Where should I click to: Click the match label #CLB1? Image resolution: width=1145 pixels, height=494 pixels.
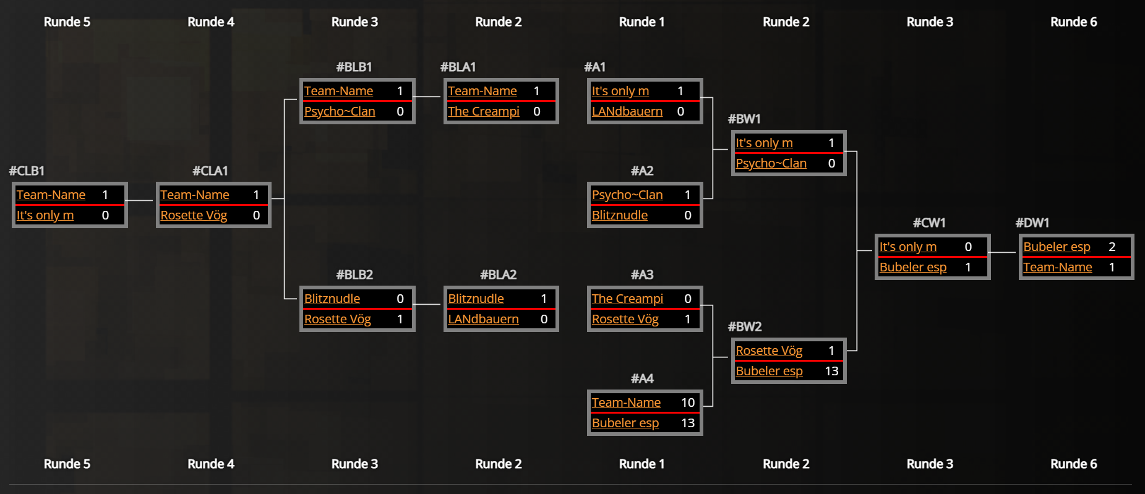pyautogui.click(x=27, y=171)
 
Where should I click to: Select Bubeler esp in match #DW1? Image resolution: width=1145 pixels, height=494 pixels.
pyautogui.click(x=1057, y=247)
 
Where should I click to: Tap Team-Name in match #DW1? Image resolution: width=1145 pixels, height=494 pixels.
pyautogui.click(x=1057, y=267)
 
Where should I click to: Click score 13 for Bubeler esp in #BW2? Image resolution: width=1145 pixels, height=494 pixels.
pyautogui.click(x=831, y=371)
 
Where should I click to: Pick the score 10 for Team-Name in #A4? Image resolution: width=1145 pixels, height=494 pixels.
pyautogui.click(x=687, y=402)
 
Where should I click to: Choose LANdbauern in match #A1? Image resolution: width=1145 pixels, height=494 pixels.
pyautogui.click(x=627, y=111)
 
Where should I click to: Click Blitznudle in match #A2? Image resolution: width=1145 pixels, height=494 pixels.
pyautogui.click(x=619, y=215)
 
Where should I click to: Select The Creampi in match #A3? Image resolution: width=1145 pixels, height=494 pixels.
pyautogui.click(x=627, y=299)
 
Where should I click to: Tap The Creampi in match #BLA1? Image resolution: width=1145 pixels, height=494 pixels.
pyautogui.click(x=483, y=111)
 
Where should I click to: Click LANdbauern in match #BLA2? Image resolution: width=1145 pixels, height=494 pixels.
pyautogui.click(x=483, y=319)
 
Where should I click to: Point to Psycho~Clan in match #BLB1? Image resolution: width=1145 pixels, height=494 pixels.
pyautogui.click(x=339, y=111)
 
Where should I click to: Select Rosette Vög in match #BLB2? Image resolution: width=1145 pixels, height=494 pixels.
pyautogui.click(x=337, y=319)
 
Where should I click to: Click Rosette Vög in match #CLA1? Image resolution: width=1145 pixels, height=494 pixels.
pyautogui.click(x=194, y=215)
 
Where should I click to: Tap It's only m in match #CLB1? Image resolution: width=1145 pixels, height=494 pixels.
pyautogui.click(x=45, y=215)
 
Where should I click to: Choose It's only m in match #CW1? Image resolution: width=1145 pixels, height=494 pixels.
pyautogui.click(x=907, y=247)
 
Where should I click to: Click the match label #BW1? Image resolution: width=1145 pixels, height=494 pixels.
pyautogui.click(x=744, y=119)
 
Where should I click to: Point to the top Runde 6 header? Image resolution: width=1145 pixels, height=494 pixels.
pyautogui.click(x=1073, y=22)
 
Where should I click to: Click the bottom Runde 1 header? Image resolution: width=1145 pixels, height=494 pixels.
pyautogui.click(x=641, y=464)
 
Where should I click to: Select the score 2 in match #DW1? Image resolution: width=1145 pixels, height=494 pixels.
pyautogui.click(x=1112, y=247)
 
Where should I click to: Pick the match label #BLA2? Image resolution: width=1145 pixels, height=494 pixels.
pyautogui.click(x=498, y=275)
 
